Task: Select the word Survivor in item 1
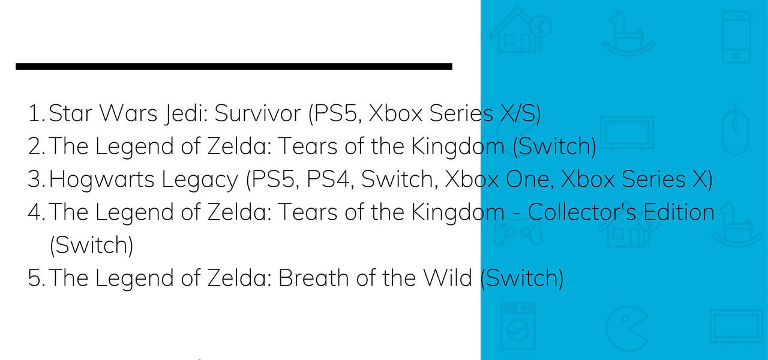click(x=258, y=113)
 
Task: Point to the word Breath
click(x=313, y=278)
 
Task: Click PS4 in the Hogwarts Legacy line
click(x=330, y=179)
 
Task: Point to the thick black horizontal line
click(x=234, y=67)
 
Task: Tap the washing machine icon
click(x=518, y=326)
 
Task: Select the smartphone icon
click(x=736, y=37)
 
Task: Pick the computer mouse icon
click(x=735, y=129)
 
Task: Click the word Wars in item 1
click(x=128, y=113)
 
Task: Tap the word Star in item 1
click(x=70, y=113)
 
